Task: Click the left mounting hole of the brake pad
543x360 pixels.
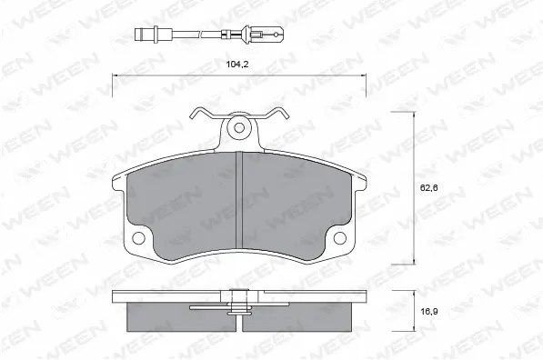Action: pos(138,239)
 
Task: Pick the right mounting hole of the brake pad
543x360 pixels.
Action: pos(340,239)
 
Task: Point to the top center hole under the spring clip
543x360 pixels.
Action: pos(239,127)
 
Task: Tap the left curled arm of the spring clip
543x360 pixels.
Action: pos(203,115)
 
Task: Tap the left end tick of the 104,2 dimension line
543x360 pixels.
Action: pos(113,84)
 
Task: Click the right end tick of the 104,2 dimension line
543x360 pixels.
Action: pos(366,84)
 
